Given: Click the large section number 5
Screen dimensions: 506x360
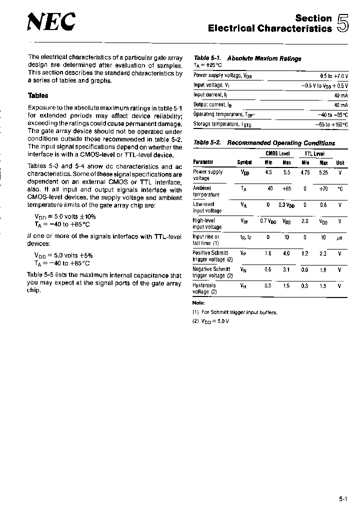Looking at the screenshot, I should pos(342,23).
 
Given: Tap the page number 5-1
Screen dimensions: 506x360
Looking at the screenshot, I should pos(342,498).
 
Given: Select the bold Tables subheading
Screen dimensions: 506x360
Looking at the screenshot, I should pos(38,95).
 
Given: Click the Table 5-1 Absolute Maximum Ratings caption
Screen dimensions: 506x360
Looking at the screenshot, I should pos(247,58).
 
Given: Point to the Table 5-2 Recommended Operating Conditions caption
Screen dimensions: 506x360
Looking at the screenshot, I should pos(264,143).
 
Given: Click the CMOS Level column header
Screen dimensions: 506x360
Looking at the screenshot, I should pos(277,154).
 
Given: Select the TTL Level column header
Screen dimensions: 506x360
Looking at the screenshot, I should pos(314,154).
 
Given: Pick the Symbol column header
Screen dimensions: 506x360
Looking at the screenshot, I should pos(244,162).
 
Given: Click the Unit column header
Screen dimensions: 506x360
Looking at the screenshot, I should pos(340,162).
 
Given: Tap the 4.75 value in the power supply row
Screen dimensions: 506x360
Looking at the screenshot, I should pos(304,172).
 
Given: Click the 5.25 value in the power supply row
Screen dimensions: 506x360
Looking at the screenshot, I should pos(323,172).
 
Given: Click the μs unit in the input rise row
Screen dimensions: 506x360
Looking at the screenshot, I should pos(340,237).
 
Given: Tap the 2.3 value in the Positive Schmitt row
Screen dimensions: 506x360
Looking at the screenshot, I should pos(323,253).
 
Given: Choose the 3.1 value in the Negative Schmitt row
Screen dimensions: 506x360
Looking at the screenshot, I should pos(286,269).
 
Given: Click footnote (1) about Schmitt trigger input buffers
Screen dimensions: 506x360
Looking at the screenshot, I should pos(234,312).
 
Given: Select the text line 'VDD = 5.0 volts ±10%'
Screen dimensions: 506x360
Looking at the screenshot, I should pos(65,217).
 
